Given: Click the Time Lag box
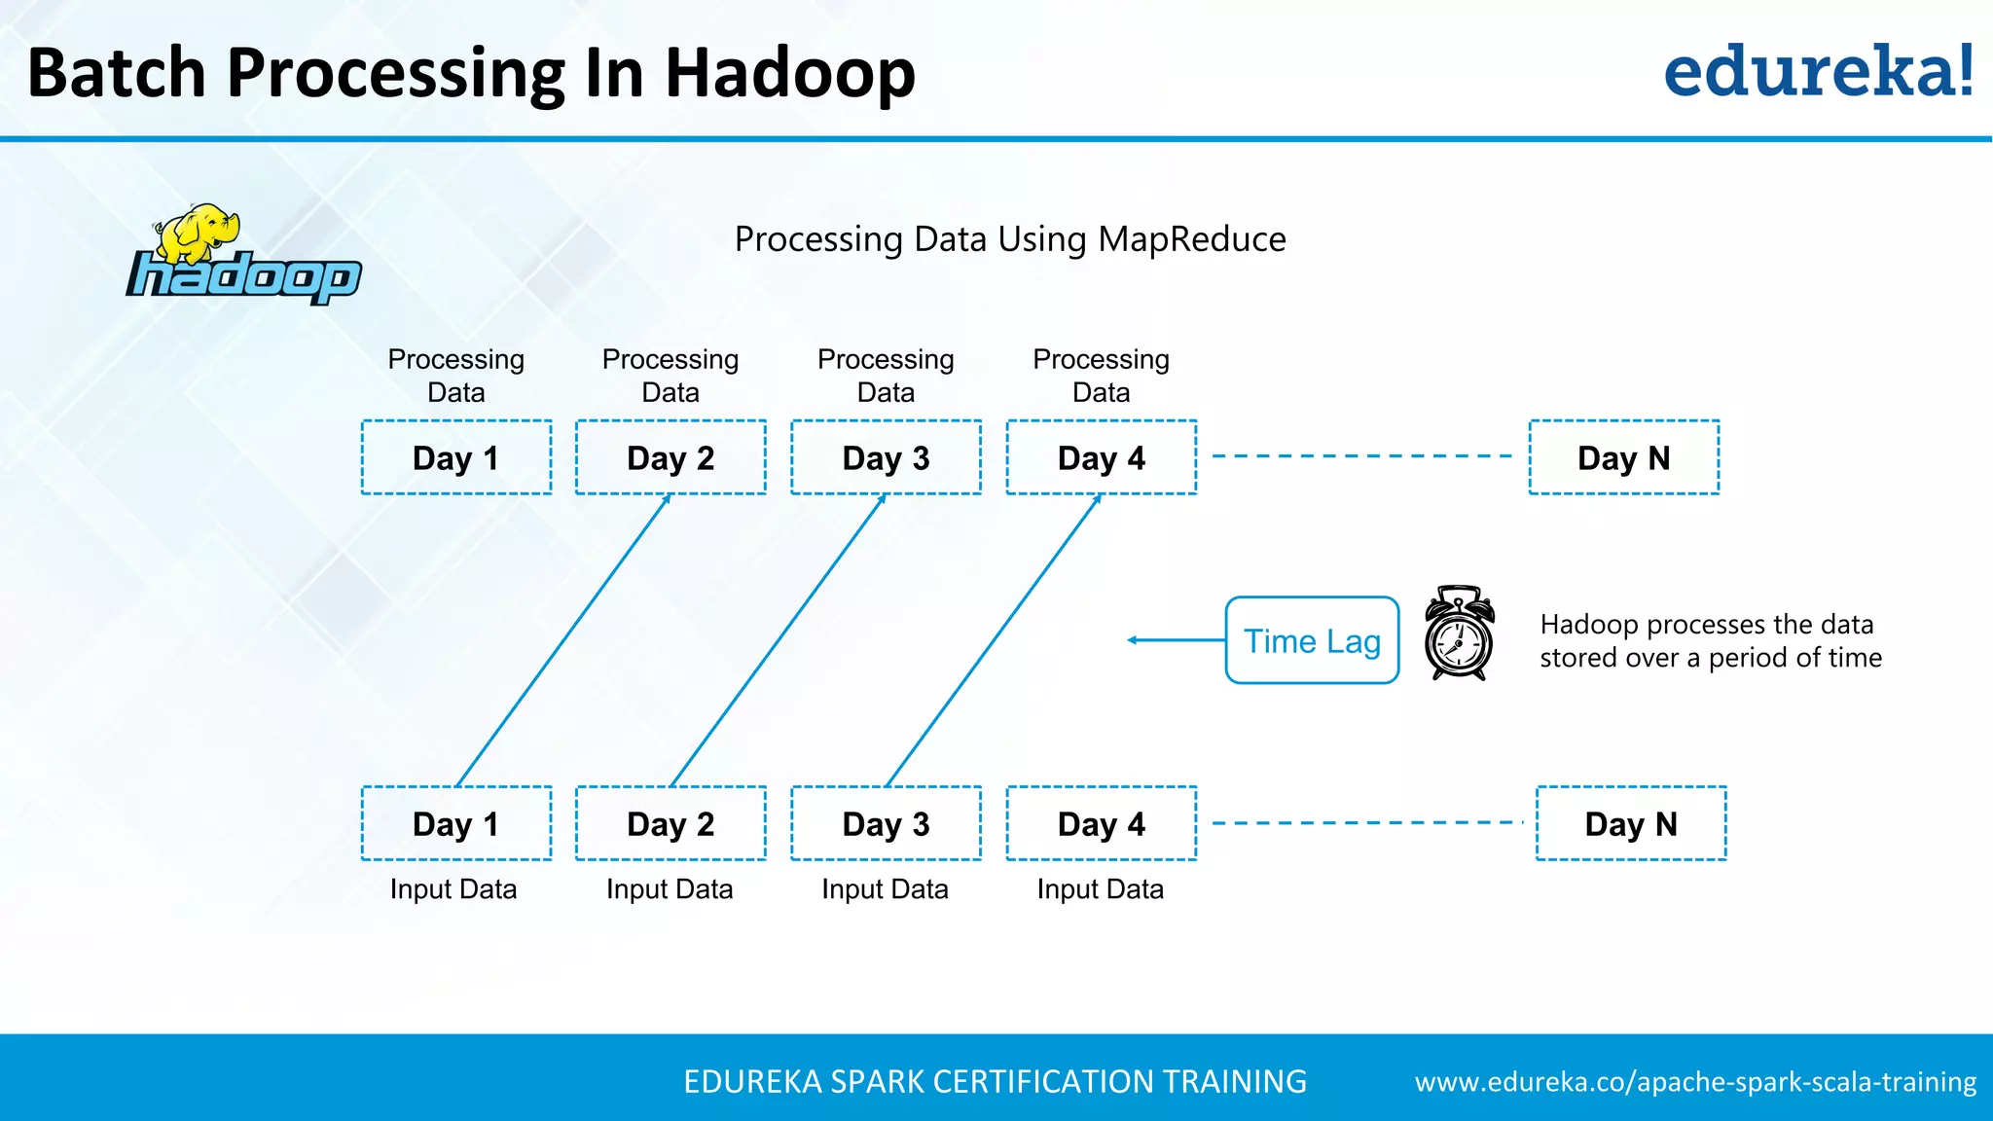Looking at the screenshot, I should [1312, 640].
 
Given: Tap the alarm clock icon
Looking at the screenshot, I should [1459, 634].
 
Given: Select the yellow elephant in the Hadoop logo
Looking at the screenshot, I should [199, 234].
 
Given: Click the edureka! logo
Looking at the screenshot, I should [1818, 72].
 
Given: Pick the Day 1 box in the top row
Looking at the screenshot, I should [456, 457].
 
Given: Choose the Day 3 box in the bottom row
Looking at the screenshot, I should [886, 823].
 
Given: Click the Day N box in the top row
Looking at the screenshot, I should [1623, 457].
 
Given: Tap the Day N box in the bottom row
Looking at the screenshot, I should [1631, 823].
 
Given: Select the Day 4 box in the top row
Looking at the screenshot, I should [1101, 457].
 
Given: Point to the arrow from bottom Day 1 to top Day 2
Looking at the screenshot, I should [563, 640].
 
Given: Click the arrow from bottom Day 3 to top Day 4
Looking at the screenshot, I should [994, 640].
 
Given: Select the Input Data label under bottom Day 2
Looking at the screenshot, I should [670, 889].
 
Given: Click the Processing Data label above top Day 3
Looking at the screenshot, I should [886, 376].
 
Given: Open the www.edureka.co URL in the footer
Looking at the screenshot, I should [1695, 1082].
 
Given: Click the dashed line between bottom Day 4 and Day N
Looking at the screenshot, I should [1366, 823].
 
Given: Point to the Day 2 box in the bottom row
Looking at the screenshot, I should [670, 823].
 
